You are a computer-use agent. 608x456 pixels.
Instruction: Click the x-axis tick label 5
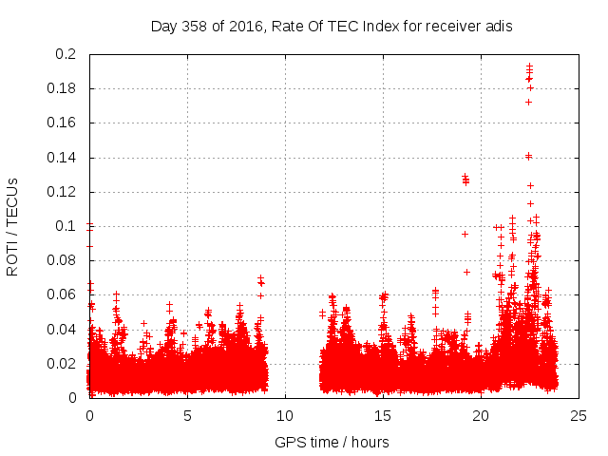tap(187, 415)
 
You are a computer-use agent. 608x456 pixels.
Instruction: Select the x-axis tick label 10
tap(285, 415)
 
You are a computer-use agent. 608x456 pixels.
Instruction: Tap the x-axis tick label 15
tap(383, 415)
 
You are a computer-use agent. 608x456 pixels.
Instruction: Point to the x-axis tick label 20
tap(481, 415)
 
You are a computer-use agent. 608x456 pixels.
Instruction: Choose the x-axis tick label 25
tap(579, 415)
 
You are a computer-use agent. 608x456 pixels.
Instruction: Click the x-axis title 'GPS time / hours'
tap(332, 442)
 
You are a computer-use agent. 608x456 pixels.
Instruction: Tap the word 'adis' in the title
tap(500, 27)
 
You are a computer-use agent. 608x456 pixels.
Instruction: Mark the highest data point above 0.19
tap(529, 66)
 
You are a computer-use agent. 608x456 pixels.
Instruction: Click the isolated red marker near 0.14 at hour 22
tap(528, 156)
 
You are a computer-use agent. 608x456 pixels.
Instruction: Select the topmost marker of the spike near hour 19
tap(465, 176)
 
